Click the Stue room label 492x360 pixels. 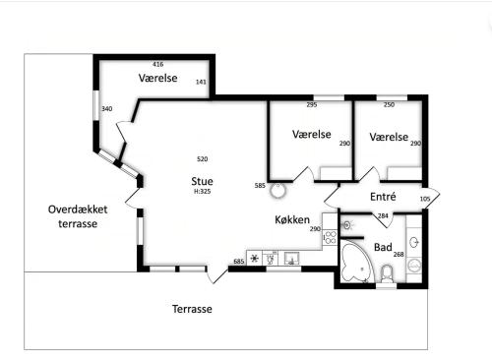click(202, 181)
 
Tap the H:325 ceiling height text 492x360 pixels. click(202, 192)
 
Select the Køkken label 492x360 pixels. click(292, 219)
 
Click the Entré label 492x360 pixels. click(383, 197)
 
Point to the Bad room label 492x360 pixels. click(383, 247)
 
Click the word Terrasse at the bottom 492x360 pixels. click(192, 309)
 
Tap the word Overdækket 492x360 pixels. click(78, 210)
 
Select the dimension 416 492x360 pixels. click(158, 64)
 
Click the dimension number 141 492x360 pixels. click(201, 82)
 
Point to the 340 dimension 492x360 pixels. click(107, 109)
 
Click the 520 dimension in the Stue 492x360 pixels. click(202, 159)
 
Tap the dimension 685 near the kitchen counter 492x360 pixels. click(239, 262)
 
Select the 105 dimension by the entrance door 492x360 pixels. click(425, 199)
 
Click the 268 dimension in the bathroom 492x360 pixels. click(399, 254)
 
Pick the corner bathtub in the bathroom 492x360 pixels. click(357, 262)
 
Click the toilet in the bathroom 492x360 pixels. click(387, 274)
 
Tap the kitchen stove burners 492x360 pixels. click(331, 237)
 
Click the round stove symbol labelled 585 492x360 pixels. click(278, 191)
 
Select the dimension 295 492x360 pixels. click(312, 105)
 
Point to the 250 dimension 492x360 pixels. click(389, 105)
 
